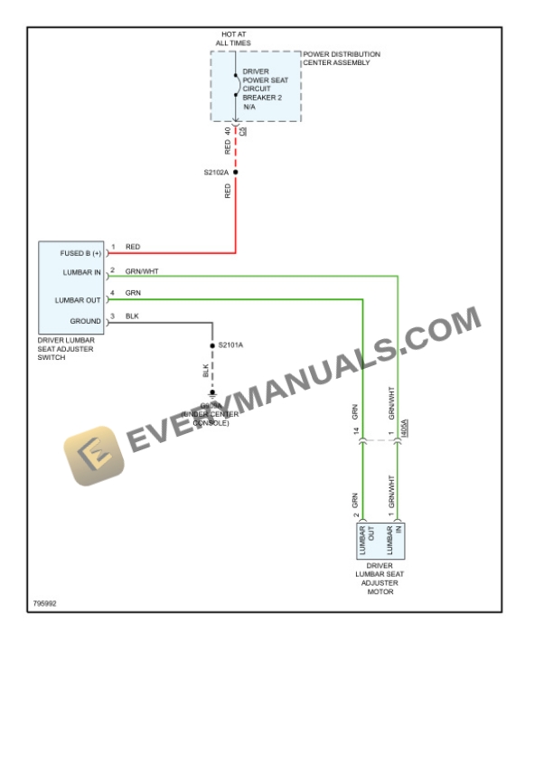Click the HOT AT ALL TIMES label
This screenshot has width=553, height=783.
233,38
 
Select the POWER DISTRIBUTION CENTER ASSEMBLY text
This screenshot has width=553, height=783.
342,58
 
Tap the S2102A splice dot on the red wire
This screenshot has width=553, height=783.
236,172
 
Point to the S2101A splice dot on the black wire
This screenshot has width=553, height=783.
212,345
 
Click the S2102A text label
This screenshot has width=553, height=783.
216,172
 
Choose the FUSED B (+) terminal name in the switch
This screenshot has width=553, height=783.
80,253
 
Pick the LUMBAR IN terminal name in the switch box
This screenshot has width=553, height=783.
82,272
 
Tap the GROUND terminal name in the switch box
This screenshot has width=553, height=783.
86,321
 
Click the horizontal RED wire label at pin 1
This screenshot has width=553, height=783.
133,247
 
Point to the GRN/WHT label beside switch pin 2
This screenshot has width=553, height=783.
142,270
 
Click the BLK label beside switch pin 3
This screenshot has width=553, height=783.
132,316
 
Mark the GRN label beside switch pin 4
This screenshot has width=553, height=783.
133,293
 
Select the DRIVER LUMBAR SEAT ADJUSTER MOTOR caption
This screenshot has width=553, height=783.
380,579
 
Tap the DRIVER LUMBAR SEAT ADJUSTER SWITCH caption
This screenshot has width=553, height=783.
66,348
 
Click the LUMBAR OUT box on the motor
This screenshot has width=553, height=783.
367,540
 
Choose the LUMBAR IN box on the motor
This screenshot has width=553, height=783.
394,540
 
